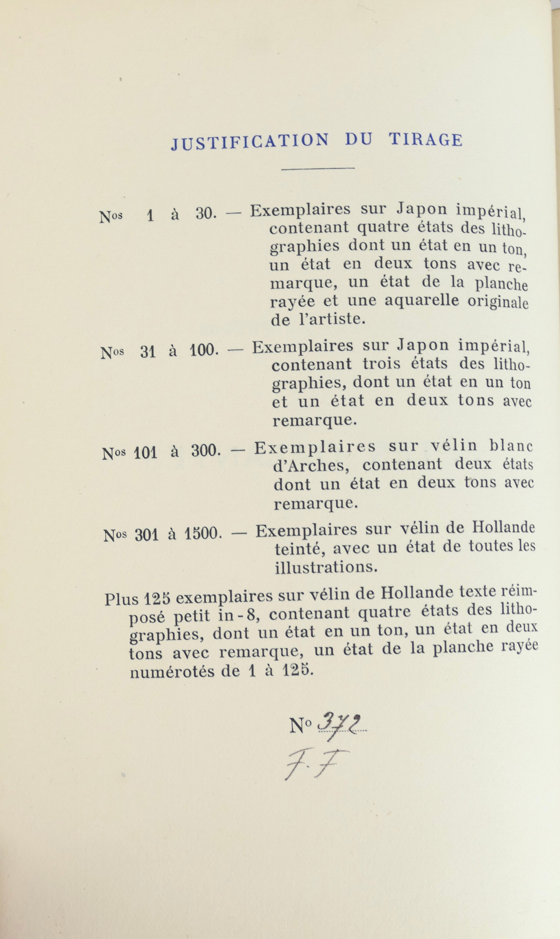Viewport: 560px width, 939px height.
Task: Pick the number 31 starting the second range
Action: coord(148,352)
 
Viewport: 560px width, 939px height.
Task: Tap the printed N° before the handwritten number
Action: coord(301,725)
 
